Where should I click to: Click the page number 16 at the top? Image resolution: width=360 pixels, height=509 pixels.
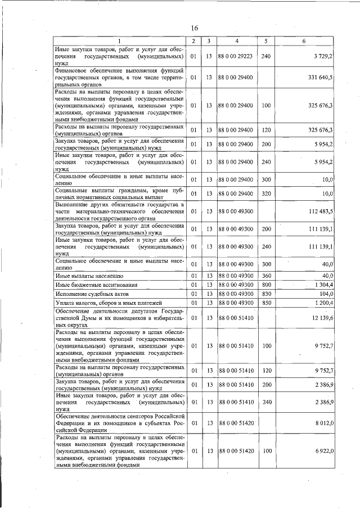point(194,28)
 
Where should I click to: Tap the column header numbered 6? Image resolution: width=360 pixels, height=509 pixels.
point(304,41)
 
